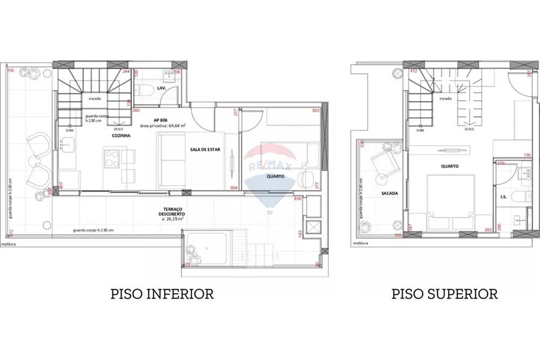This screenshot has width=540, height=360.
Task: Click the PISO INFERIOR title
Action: [x=162, y=294]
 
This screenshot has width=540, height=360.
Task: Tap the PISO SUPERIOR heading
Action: [x=444, y=294]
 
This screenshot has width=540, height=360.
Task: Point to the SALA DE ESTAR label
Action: [x=203, y=149]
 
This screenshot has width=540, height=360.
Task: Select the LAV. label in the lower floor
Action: [x=161, y=88]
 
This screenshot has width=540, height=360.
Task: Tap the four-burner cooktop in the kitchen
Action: [x=112, y=158]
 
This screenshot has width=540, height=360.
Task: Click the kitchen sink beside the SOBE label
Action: [x=67, y=145]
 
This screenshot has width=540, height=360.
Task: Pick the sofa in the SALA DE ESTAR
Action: [x=170, y=160]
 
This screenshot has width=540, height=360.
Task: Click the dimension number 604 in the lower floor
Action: [x=234, y=187]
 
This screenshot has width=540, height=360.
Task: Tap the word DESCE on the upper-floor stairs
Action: [x=470, y=130]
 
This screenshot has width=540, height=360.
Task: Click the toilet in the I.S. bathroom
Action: [x=522, y=195]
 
